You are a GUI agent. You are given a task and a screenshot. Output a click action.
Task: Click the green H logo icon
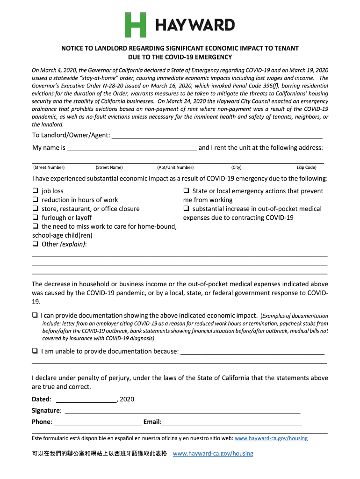(x=135, y=25)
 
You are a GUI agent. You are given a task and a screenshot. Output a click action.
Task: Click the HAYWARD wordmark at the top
(x=195, y=25)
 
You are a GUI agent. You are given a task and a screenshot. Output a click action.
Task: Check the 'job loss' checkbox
(x=35, y=191)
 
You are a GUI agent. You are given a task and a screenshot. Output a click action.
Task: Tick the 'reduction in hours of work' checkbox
(x=35, y=200)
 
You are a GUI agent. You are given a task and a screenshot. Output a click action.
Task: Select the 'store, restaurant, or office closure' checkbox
(x=35, y=209)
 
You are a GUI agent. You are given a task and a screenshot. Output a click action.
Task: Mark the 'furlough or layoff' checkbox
(x=35, y=218)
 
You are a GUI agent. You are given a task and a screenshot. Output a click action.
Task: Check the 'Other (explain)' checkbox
(x=35, y=244)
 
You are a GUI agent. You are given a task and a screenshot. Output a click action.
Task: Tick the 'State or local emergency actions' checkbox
(x=186, y=191)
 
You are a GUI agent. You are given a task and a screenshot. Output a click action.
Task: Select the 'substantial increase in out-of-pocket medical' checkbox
(x=186, y=209)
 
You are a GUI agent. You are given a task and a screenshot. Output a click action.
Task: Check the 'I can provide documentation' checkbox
(x=35, y=315)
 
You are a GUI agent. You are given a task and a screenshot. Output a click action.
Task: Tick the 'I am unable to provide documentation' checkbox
(x=35, y=351)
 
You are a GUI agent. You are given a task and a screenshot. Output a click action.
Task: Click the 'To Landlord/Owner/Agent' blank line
(x=217, y=136)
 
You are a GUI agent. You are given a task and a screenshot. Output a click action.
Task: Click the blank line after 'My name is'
(x=132, y=148)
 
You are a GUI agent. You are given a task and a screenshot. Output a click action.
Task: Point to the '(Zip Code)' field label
(x=306, y=167)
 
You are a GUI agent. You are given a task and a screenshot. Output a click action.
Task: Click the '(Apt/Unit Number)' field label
(x=175, y=167)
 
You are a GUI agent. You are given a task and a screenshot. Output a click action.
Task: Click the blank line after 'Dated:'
(x=86, y=399)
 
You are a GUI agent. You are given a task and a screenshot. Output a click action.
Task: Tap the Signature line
(x=182, y=411)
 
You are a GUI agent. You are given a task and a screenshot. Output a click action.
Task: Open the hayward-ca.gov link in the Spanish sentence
(x=271, y=439)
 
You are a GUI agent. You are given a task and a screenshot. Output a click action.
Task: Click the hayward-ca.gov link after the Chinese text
(x=213, y=454)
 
